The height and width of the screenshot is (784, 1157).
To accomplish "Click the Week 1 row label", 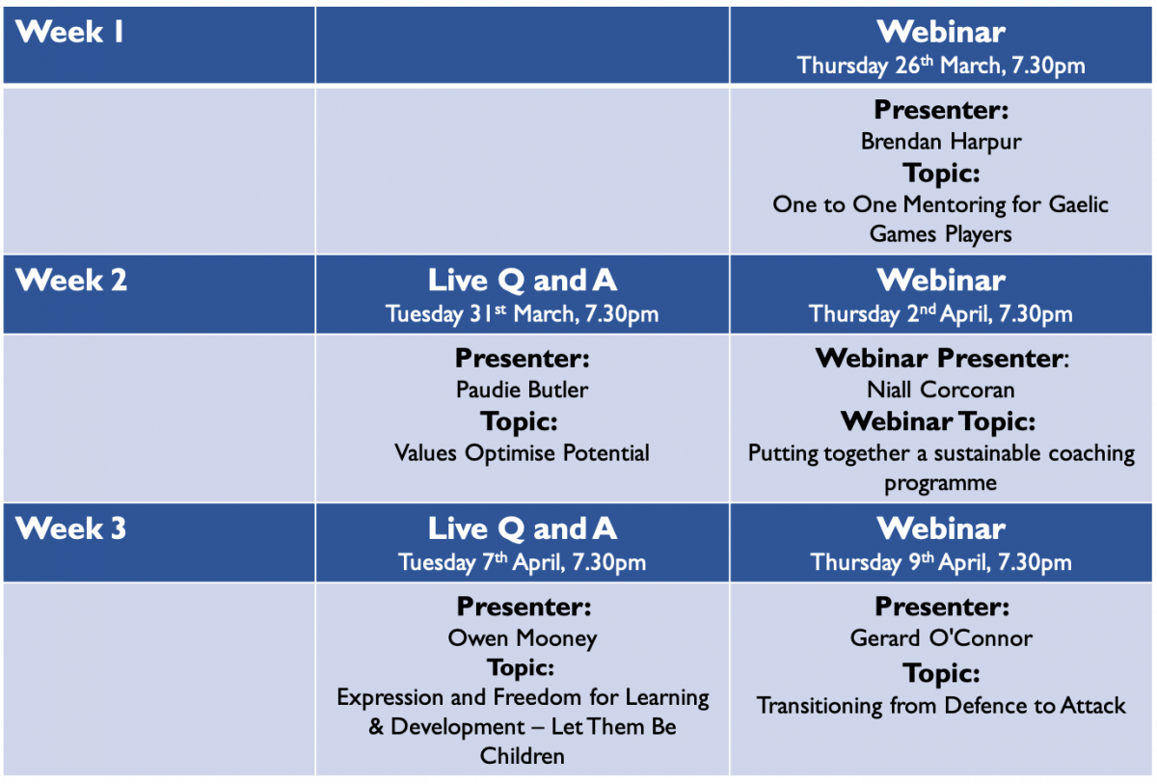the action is coord(69,32).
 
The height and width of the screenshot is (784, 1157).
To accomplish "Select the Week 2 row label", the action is coord(70,281).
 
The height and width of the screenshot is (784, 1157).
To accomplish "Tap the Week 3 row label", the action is coord(70,528).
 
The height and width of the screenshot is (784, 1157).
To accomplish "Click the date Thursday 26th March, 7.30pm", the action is coord(941,66).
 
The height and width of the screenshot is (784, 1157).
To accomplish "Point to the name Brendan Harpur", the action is coord(941,142).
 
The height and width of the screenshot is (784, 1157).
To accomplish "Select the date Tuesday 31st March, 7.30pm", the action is coord(522,314).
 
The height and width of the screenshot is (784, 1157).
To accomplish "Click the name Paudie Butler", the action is coord(522,390).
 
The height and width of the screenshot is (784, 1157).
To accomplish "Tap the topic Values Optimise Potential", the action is coord(522,453).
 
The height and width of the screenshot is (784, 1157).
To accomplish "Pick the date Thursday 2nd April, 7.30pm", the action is coord(941,314).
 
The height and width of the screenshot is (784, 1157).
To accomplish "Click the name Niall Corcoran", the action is coord(941,390).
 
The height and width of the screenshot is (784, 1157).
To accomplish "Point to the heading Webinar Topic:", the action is coord(938,421).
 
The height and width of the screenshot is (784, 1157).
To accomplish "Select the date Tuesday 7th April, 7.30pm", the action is coord(522,562).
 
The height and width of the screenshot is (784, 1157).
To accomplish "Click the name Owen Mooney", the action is coord(522,638).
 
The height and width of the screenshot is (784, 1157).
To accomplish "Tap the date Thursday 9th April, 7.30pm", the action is coord(941,562).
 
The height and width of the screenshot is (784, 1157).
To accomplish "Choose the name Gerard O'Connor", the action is coord(941,638).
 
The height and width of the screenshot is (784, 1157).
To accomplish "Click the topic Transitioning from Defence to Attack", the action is coord(941,706).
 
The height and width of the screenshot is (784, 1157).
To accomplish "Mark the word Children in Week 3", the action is coord(522,756).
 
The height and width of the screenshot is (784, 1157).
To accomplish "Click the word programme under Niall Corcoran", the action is coord(941,484).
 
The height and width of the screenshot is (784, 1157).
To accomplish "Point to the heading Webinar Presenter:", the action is coord(942,359).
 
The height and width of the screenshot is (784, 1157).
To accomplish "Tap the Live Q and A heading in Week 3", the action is coord(522,528).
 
